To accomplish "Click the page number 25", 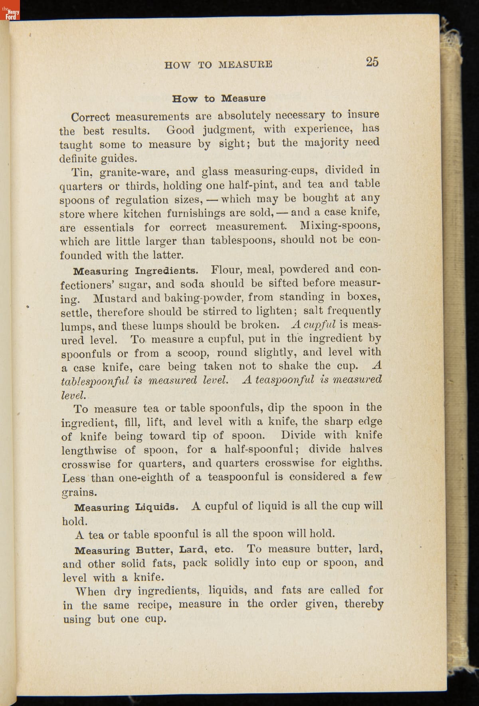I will pos(372,62).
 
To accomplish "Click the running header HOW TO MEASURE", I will pos(218,64).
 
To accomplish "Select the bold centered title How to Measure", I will pos(219,98).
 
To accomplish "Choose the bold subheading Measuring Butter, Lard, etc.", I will pos(154,550).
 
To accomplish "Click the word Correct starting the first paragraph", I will pos(90,117).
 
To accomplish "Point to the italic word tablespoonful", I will pos(95,381).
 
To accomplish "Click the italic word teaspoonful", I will pos(284,380).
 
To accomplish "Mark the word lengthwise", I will pos(89,451).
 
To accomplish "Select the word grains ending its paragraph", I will pos(79,492).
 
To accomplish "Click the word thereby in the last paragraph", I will pos(364,604).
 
